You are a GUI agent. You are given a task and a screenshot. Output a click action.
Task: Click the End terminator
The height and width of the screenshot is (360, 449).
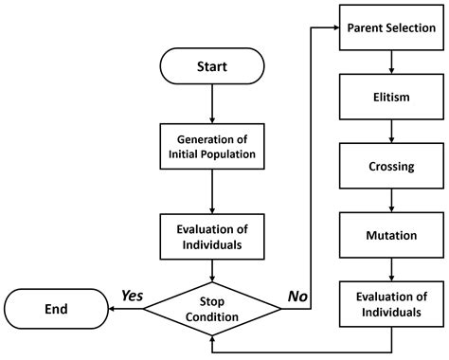55,309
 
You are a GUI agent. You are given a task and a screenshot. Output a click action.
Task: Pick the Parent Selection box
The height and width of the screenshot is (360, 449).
391,27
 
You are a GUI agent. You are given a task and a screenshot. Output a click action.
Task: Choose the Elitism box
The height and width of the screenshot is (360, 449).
391,97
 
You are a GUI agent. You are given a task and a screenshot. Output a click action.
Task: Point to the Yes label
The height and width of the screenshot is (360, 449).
132,296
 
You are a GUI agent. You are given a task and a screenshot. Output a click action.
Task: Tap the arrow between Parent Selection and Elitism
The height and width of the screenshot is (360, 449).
391,63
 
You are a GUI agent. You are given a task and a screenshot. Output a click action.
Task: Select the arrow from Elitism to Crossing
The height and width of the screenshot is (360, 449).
391,131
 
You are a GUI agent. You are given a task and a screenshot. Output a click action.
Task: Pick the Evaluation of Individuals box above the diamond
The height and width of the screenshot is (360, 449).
212,235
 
